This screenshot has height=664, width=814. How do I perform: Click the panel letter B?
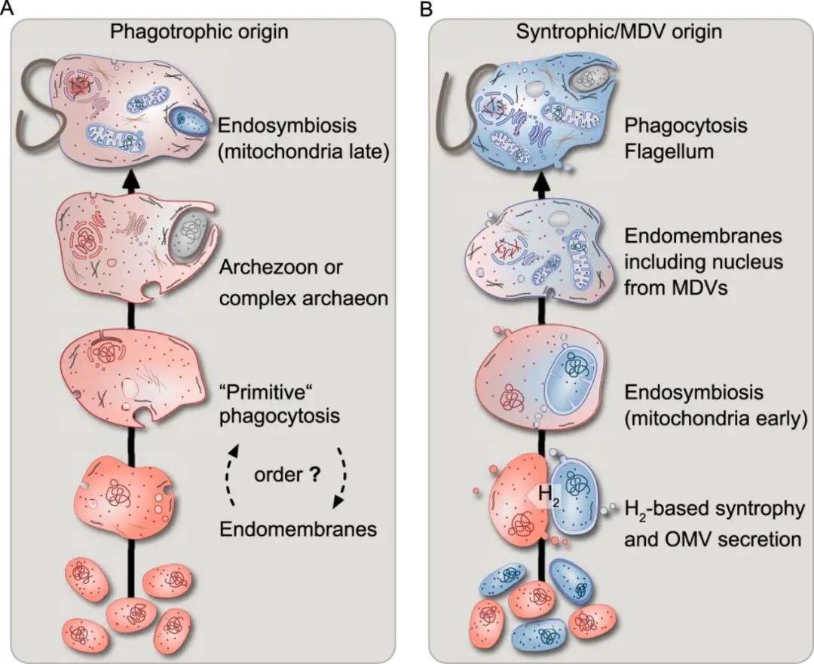pyautogui.click(x=426, y=8)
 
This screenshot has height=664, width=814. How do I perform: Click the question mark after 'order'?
pyautogui.click(x=313, y=475)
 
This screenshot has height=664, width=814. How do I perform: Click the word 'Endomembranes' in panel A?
pyautogui.click(x=298, y=529)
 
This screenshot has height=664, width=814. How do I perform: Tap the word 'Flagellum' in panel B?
pyautogui.click(x=669, y=153)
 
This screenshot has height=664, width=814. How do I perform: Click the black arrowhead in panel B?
pyautogui.click(x=543, y=180)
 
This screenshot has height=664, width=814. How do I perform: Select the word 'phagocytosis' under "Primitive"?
pyautogui.click(x=280, y=416)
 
